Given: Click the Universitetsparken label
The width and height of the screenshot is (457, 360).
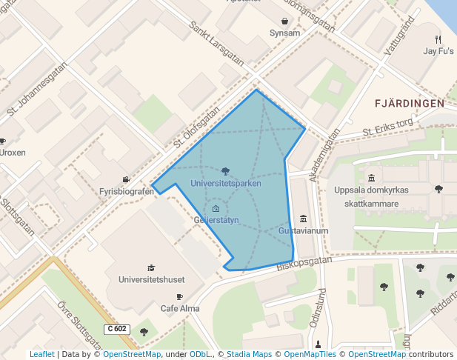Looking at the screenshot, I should coord(225,183).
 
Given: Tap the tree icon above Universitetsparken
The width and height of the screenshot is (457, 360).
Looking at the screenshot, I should coord(225,172).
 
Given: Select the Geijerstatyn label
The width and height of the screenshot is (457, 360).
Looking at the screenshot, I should coord(216,220).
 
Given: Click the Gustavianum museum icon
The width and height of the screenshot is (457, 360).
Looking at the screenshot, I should coord(303,219).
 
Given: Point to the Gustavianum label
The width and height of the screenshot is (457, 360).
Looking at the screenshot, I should coord(303,231).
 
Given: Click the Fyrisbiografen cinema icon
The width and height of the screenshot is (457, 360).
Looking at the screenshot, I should coord(126,180).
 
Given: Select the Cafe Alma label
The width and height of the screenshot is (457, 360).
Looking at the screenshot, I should coord(180,308).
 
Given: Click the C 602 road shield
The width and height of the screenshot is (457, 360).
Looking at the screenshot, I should coord(117,328).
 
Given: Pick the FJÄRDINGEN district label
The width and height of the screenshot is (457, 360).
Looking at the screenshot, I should coord(410,104).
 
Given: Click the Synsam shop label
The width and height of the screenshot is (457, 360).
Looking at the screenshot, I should coord(285,33).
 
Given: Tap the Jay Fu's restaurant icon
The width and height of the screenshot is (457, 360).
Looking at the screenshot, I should coord(438,39).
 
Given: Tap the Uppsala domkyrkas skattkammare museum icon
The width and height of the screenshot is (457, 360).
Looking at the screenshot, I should coord(371,178).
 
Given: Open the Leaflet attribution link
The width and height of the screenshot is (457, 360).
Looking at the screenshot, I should coord(41,355).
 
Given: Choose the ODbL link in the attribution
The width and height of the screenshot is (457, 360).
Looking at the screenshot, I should coord(200,355).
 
